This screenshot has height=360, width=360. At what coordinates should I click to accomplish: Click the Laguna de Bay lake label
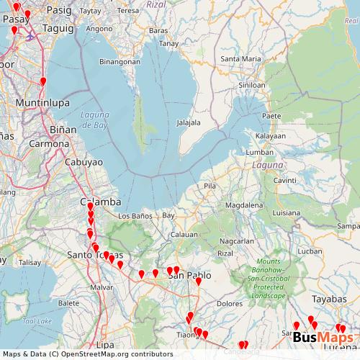point(94,120)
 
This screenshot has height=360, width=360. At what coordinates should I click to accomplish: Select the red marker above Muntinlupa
point(43,81)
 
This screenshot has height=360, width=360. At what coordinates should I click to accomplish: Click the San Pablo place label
point(189,275)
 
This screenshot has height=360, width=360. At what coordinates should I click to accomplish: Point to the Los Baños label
point(134,216)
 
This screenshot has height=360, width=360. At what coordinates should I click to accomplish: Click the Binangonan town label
point(120,62)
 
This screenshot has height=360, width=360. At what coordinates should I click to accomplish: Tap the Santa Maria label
point(241,58)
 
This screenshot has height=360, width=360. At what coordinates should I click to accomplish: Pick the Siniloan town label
point(251,85)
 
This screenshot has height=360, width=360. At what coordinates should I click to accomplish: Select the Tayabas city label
point(330,298)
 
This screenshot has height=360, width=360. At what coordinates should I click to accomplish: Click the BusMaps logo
point(323,338)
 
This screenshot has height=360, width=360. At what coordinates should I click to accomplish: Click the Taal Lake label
point(33,320)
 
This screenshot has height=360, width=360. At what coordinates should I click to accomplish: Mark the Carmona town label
point(48,144)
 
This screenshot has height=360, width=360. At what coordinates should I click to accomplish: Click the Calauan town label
point(184,235)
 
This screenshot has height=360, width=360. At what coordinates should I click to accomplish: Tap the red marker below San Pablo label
point(199,282)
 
